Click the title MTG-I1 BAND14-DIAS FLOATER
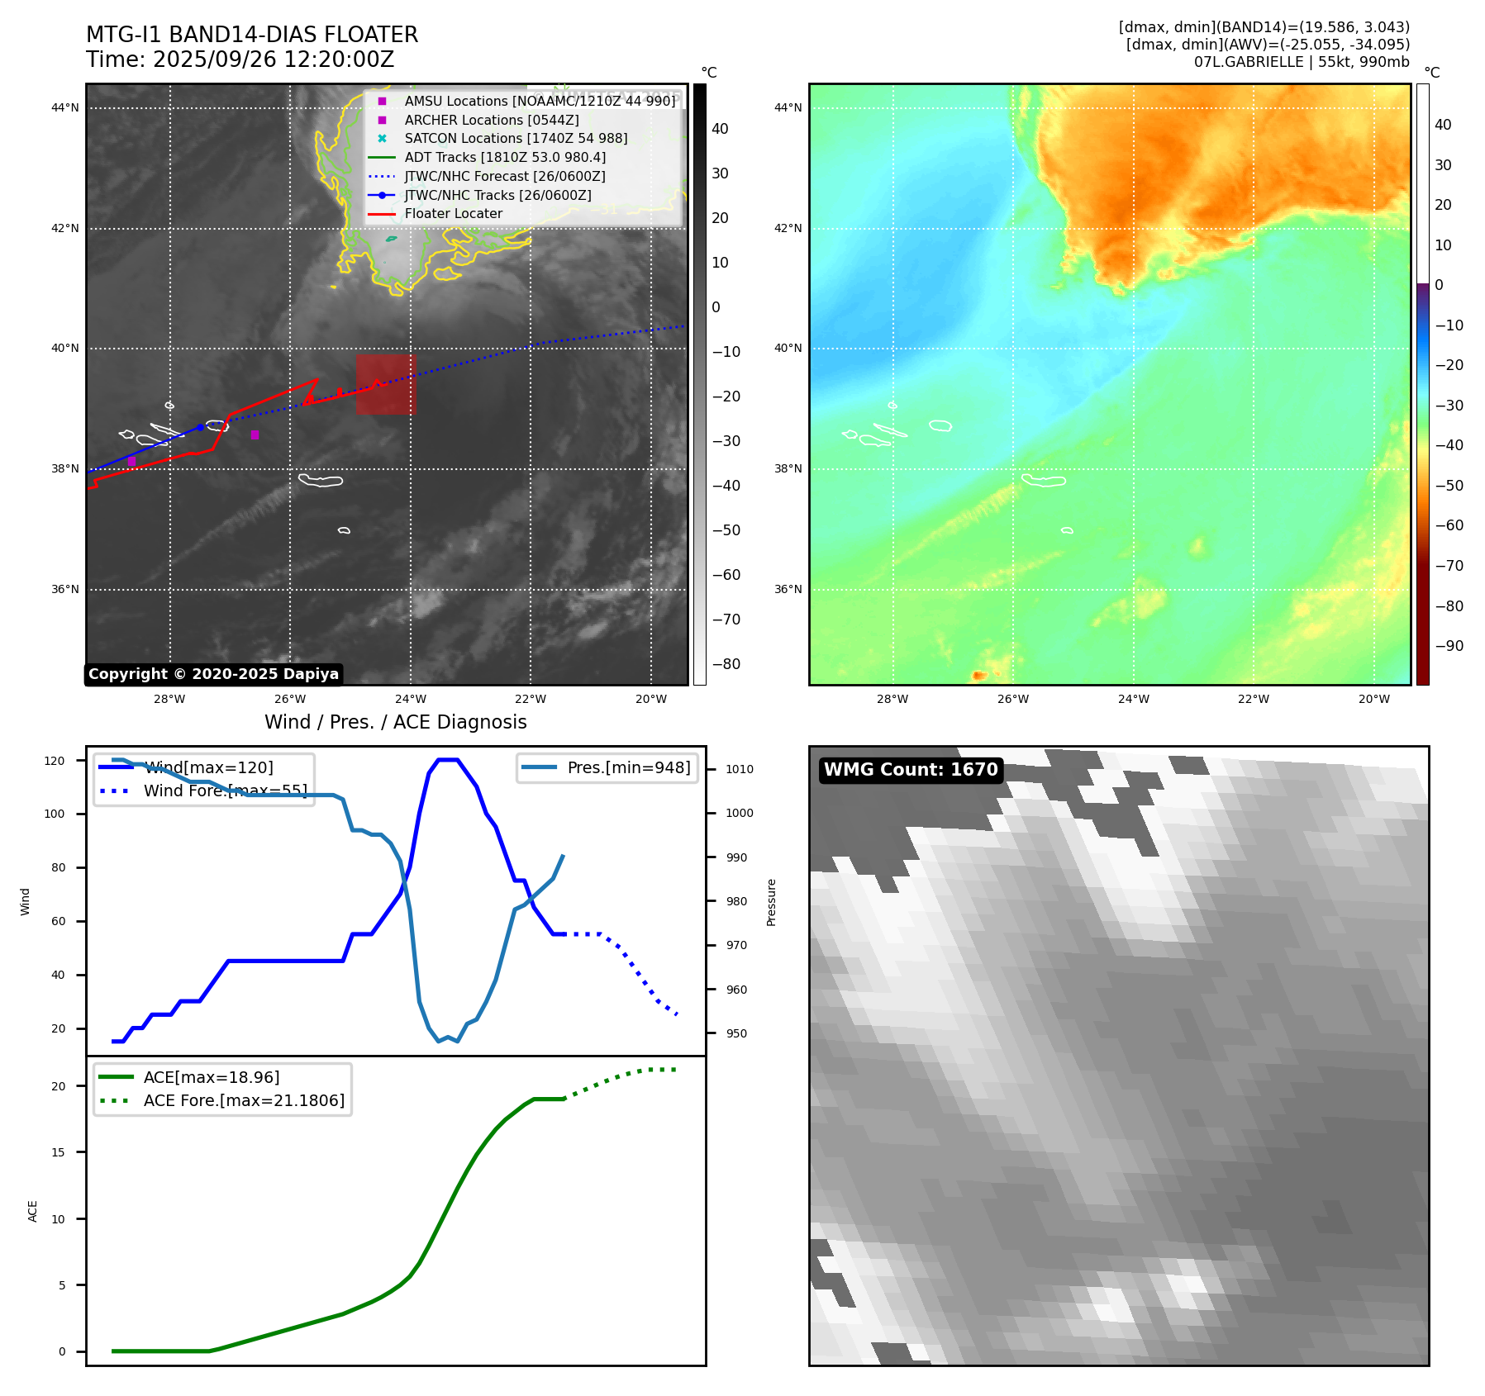(252, 35)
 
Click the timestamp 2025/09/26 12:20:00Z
(273, 60)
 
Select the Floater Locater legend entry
(453, 214)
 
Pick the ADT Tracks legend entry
(504, 158)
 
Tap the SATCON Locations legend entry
(515, 139)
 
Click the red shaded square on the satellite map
(386, 385)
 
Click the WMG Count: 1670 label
(911, 770)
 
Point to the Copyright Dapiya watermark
(213, 674)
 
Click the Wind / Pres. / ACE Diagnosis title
(395, 723)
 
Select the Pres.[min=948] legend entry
(628, 768)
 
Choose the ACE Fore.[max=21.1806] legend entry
(244, 1101)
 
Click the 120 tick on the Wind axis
(55, 761)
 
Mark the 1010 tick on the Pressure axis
(740, 769)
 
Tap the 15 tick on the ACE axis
(58, 1152)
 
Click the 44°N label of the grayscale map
(65, 107)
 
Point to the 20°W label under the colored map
(1373, 700)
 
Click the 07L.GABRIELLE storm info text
(1301, 62)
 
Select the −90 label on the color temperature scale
(1449, 646)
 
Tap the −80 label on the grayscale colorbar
(726, 664)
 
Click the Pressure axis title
(771, 902)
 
